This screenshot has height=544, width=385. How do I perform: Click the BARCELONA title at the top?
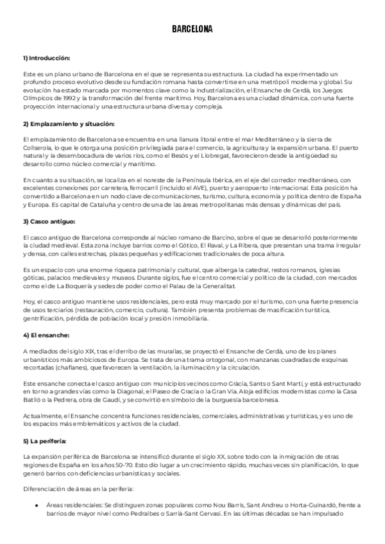(192, 29)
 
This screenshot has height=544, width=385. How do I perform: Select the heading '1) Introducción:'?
(46, 58)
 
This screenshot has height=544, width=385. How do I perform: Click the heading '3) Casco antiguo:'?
(49, 221)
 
